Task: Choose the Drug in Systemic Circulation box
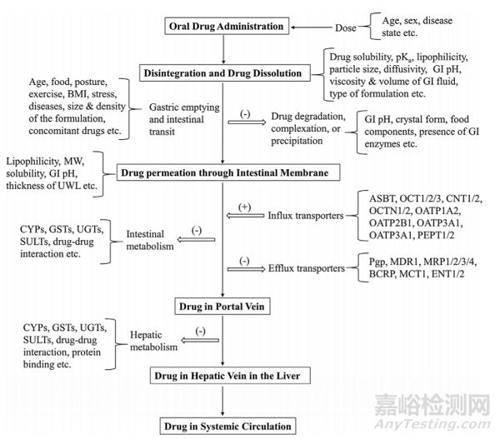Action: pos(222,427)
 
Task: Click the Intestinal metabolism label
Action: pos(152,241)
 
